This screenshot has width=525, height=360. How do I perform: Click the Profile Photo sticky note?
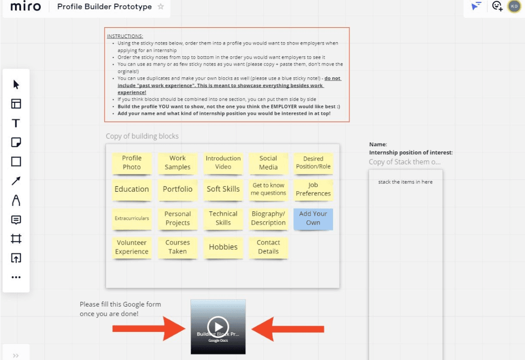point(131,163)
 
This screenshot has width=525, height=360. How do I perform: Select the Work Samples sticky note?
point(177,163)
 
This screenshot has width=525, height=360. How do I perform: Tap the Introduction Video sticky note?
point(223,163)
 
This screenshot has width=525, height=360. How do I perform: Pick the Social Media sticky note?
point(268,163)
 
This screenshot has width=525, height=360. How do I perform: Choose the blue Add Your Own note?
point(313,218)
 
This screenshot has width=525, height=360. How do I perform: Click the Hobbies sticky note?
point(223,247)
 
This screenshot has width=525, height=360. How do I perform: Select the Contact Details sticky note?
point(268,247)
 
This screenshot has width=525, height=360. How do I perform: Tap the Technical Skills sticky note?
point(223,218)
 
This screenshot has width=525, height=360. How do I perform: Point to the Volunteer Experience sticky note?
point(131,247)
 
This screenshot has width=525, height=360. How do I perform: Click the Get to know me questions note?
point(268,189)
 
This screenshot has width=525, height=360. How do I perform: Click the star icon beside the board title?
point(161,7)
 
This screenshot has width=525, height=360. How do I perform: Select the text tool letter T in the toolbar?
point(16,123)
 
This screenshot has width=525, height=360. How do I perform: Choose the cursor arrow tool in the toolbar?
point(16,85)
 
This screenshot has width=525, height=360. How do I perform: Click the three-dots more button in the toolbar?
point(16,277)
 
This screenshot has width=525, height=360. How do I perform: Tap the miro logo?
point(25,7)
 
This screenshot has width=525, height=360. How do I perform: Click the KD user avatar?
point(514,7)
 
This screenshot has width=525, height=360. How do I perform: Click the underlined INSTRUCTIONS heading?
point(125,36)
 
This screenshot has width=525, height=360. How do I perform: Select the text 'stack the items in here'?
point(405,182)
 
